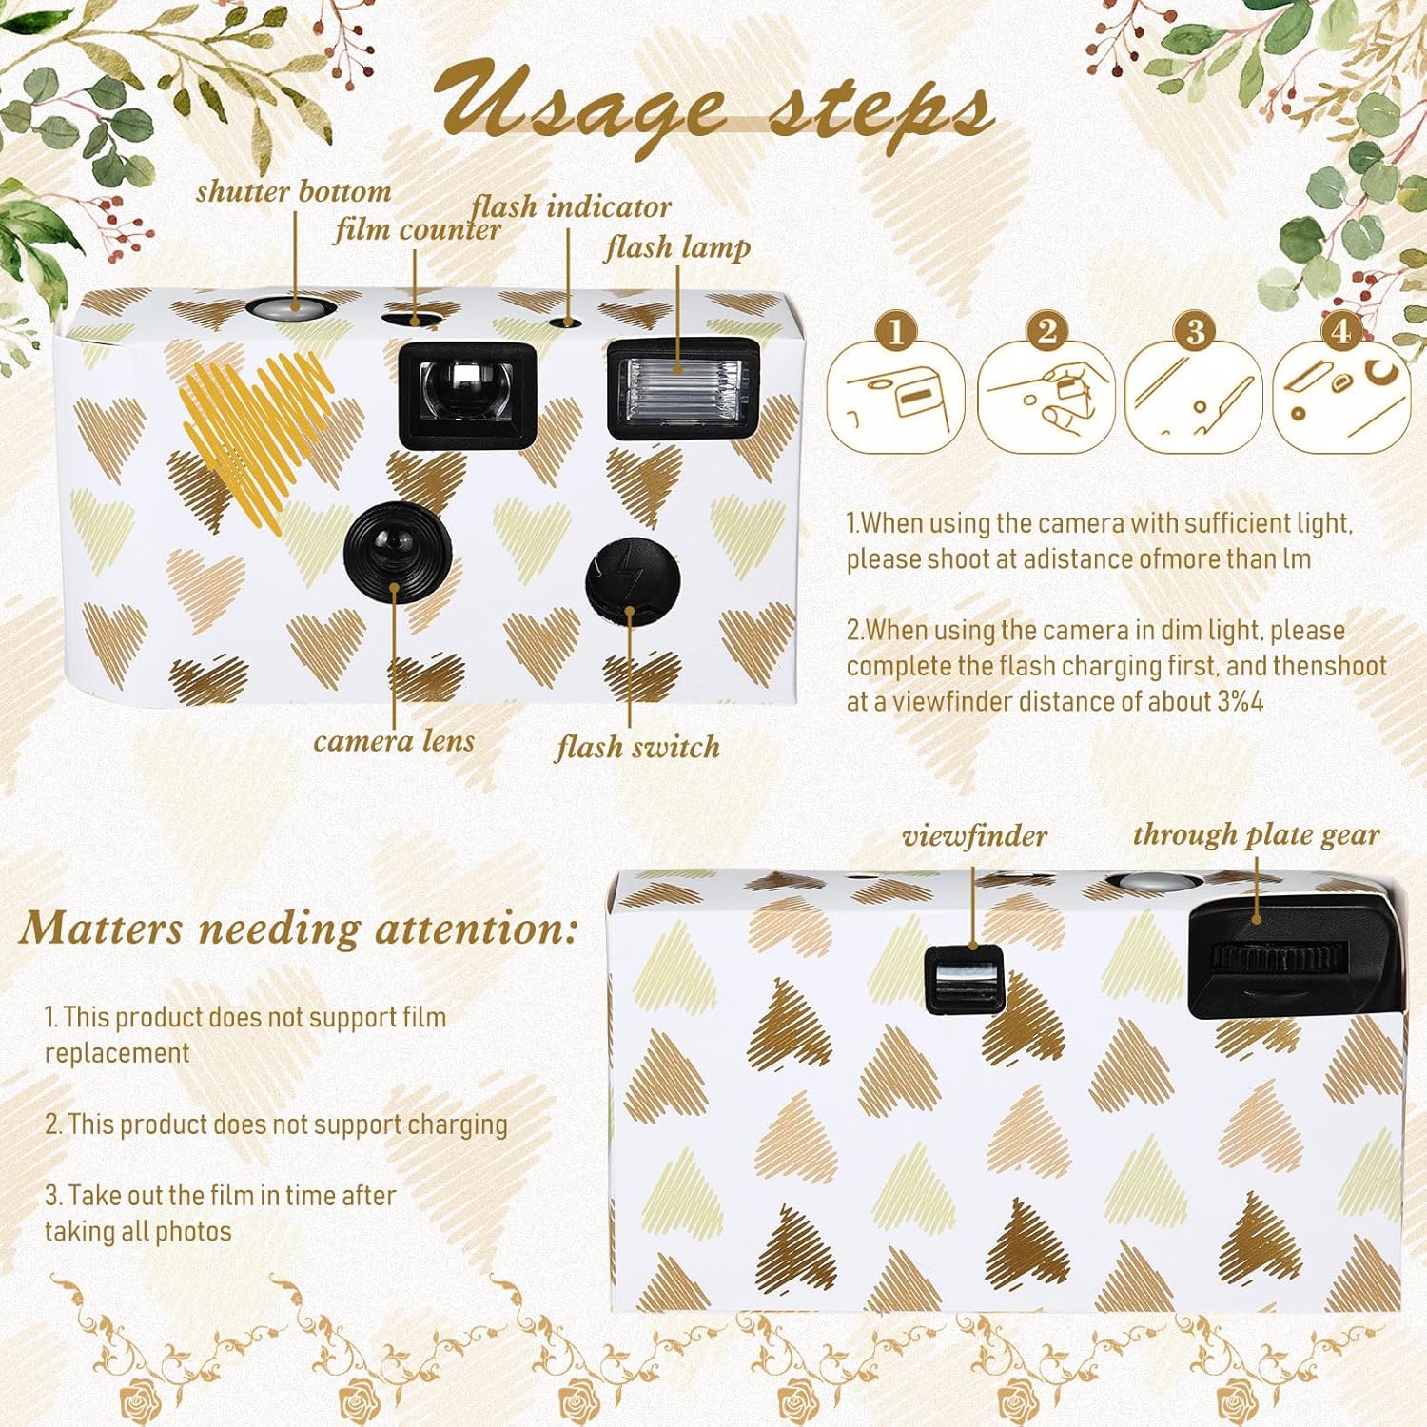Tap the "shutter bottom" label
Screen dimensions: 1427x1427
pyautogui.click(x=294, y=191)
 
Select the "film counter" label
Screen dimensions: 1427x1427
pyautogui.click(x=417, y=229)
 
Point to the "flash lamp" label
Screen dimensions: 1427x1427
pyautogui.click(x=677, y=247)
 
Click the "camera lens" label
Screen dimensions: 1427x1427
pyautogui.click(x=394, y=740)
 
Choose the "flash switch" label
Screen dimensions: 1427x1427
pyautogui.click(x=638, y=747)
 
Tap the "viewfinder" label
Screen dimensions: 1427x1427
pyautogui.click(x=974, y=836)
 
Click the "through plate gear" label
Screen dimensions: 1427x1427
pyautogui.click(x=1256, y=835)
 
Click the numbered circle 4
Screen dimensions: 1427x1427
pyautogui.click(x=1340, y=332)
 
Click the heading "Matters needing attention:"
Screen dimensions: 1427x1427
pyautogui.click(x=299, y=929)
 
